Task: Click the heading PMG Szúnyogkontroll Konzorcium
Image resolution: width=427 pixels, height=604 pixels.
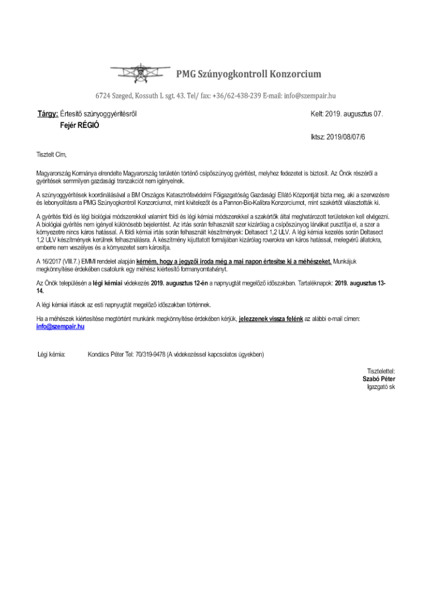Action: pos(248,74)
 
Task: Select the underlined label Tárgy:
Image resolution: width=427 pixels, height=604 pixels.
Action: pos(48,114)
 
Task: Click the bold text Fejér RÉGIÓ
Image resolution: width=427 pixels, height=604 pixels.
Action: pos(80,125)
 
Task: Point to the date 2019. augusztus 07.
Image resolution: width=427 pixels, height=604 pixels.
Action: pos(355,114)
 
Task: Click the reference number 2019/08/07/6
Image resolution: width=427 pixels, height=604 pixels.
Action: pos(350,137)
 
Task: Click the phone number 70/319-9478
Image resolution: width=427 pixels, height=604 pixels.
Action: pos(149,354)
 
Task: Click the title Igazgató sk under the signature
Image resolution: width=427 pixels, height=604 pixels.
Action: pos(381,386)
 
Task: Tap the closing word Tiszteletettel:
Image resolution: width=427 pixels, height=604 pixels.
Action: pos(381,371)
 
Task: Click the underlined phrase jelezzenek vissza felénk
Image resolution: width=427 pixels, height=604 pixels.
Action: pos(271,319)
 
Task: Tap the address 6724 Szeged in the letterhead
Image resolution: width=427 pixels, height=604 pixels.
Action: pos(113,96)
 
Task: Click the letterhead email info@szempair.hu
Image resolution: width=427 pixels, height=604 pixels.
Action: pos(310,96)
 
